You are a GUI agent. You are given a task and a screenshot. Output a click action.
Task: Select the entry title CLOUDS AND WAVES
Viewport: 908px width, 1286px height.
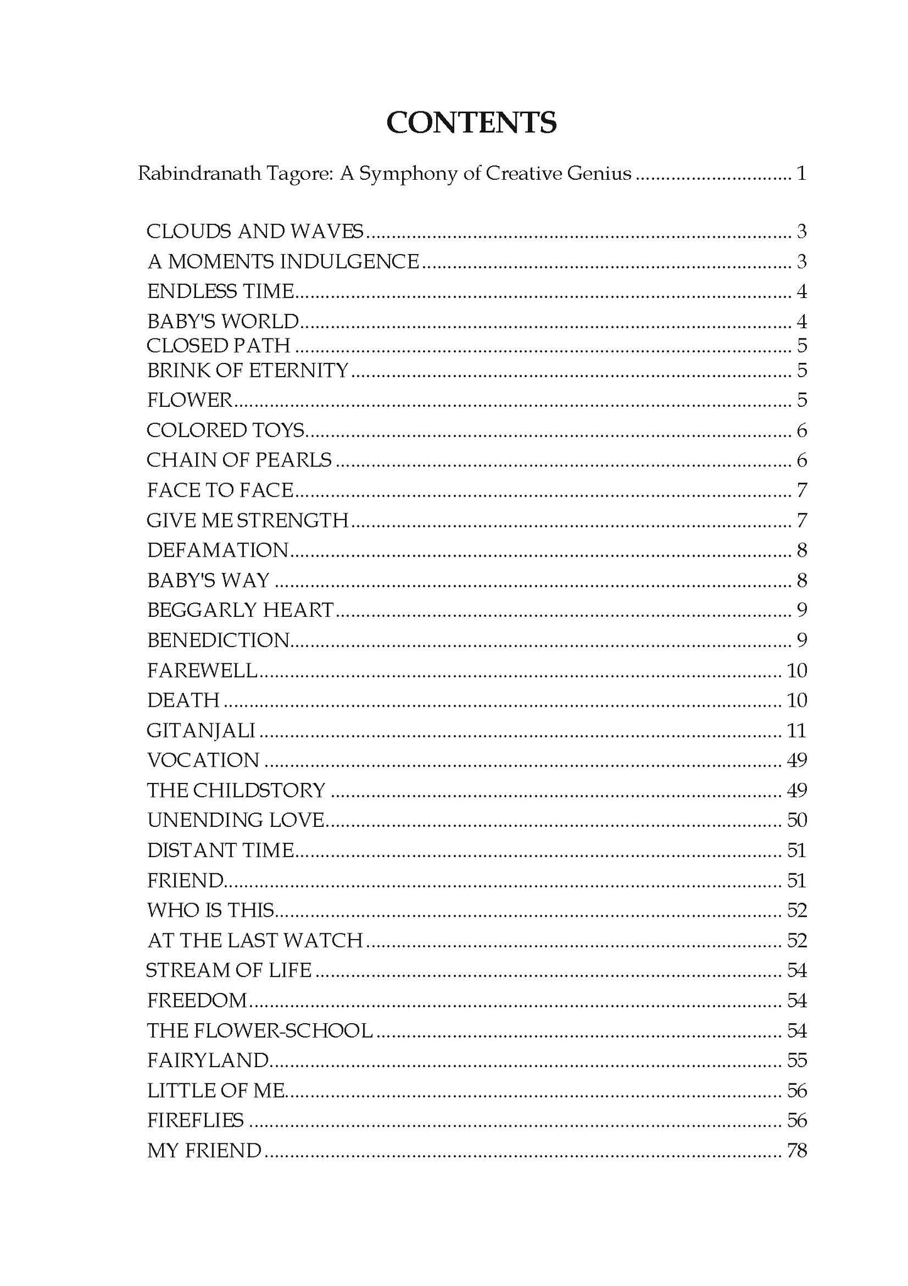tap(254, 231)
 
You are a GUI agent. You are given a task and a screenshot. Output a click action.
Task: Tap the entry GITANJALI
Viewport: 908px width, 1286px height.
tap(201, 730)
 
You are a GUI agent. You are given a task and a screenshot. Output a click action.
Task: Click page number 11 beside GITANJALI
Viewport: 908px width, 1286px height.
tap(796, 730)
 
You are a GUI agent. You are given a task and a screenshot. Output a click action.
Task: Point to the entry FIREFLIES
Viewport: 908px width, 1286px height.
tap(195, 1120)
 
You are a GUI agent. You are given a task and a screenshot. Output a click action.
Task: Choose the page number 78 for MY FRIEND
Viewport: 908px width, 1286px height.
tap(796, 1150)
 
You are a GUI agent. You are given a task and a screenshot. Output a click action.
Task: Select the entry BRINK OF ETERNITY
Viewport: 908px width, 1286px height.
tap(248, 370)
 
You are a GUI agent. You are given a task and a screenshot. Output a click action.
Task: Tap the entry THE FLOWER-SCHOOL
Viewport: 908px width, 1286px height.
tap(260, 1030)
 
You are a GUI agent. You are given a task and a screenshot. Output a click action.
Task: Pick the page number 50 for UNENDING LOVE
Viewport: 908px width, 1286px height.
tap(796, 820)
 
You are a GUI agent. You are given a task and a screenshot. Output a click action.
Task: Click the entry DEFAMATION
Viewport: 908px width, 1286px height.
tap(217, 550)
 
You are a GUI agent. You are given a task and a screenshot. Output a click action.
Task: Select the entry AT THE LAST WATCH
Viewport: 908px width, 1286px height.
tap(254, 940)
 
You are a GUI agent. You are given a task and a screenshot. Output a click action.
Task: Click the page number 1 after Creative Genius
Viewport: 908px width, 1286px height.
tap(801, 173)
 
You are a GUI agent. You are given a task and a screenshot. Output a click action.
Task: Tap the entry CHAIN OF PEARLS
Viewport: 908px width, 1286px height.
tap(239, 460)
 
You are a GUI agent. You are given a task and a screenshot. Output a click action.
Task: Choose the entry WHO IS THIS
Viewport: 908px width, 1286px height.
tap(211, 910)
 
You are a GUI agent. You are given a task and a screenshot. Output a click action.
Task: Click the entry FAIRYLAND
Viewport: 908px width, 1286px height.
tap(208, 1060)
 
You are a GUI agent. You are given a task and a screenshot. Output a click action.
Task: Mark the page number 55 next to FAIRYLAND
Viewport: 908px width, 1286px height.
tap(796, 1060)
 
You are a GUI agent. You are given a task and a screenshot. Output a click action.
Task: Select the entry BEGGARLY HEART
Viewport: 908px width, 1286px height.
tap(240, 610)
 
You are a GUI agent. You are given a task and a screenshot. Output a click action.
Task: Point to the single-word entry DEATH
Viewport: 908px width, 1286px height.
tap(183, 700)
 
